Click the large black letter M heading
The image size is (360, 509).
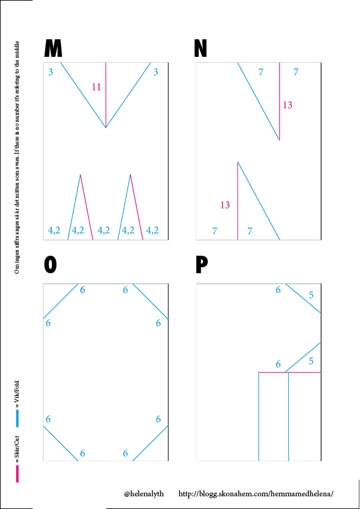tap(53, 48)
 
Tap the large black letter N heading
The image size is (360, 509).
tap(201, 48)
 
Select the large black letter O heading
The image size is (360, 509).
tap(50, 265)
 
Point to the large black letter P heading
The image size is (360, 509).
tap(201, 265)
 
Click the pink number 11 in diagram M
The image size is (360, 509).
tap(96, 87)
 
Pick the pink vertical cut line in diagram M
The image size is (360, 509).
tap(106, 95)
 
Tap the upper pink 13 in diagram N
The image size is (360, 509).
tap(288, 105)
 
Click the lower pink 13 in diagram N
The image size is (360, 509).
tap(225, 205)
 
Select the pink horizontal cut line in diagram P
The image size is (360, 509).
tap(289, 372)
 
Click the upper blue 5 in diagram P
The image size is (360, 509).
tap(311, 295)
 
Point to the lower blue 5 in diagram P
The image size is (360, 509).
tap(311, 361)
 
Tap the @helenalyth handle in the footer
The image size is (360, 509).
tap(144, 494)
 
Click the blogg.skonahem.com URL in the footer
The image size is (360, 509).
tap(256, 494)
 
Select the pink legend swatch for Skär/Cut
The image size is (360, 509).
tap(18, 473)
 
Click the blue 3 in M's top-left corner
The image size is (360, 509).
tap(51, 72)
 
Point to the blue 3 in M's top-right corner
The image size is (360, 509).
tap(156, 72)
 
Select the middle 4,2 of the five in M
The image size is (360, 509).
tap(104, 230)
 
